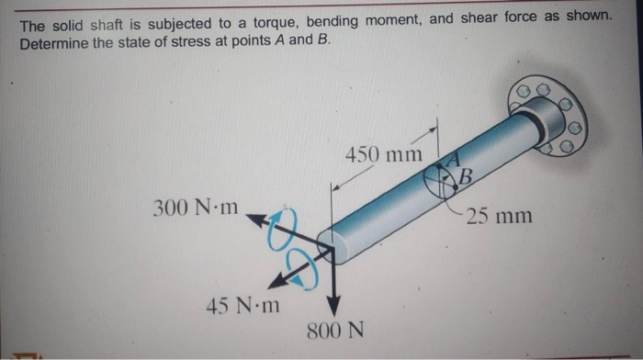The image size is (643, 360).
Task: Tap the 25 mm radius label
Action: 499,217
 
